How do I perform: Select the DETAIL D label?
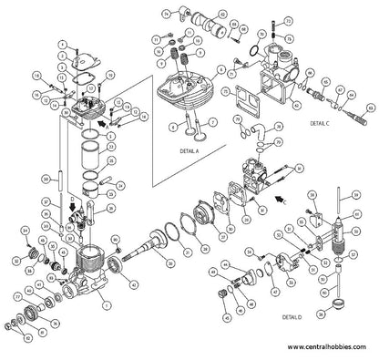point(292,316)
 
